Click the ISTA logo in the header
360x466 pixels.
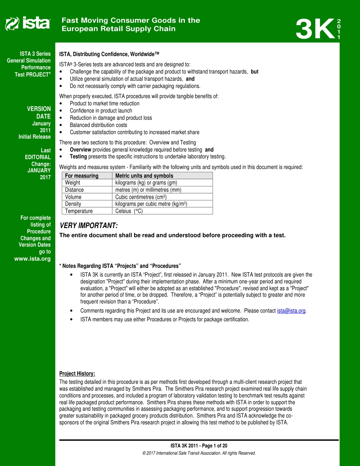(27, 23)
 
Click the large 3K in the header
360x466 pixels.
(314, 29)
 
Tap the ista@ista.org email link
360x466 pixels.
(291, 311)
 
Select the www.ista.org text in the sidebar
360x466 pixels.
(32, 259)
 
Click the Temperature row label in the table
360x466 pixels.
(78, 211)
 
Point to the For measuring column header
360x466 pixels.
(81, 176)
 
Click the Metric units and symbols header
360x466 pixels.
(144, 176)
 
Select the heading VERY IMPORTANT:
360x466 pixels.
(89, 226)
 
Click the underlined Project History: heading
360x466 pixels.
(77, 374)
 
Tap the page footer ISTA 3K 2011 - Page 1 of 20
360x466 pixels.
(199, 446)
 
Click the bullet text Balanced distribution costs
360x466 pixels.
(98, 125)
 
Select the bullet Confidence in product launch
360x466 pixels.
(101, 111)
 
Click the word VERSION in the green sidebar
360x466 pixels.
(39, 109)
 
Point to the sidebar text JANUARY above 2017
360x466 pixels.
(39, 170)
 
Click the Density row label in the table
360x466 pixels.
(73, 204)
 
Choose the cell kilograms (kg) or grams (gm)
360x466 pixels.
(146, 183)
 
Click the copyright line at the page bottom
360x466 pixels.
(199, 453)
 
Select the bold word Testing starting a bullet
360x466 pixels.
(78, 156)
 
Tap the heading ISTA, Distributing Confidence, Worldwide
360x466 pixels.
(109, 55)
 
